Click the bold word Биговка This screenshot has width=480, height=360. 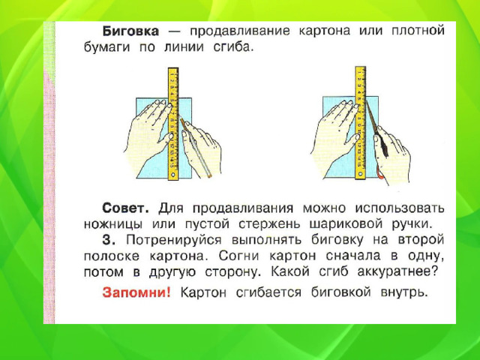click(x=130, y=31)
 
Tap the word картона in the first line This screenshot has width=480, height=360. click(x=325, y=31)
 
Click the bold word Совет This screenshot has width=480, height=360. click(x=125, y=208)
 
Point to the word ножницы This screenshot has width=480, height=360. click(x=113, y=225)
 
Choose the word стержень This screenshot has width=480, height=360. click(x=270, y=225)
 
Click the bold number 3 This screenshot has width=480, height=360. click(x=109, y=240)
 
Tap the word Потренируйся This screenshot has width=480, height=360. click(x=173, y=241)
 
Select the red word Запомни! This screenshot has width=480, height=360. click(x=136, y=292)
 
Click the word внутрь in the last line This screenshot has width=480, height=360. click(x=404, y=293)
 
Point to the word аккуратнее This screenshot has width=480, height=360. click(x=396, y=272)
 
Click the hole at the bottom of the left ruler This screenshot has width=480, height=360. click(x=173, y=175)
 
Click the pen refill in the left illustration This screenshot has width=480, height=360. click(x=196, y=148)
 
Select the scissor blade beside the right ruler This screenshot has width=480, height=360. click(x=372, y=118)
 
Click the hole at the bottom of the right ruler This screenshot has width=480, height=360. click(x=360, y=175)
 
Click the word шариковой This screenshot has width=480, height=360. click(x=346, y=225)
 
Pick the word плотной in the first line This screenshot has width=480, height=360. click(x=418, y=31)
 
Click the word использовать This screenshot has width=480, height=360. click(x=400, y=208)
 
